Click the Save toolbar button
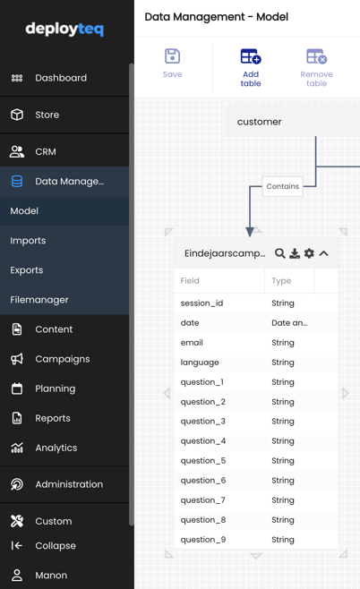click(173, 63)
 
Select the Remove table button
click(316, 68)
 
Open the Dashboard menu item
click(61, 78)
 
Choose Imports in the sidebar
click(28, 241)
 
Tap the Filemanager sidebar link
click(39, 300)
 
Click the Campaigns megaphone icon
click(17, 359)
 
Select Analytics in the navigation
click(56, 448)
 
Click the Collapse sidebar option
click(56, 545)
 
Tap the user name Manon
click(51, 575)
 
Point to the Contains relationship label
click(283, 186)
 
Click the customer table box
click(294, 122)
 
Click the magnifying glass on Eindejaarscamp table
click(279, 253)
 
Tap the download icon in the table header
click(295, 253)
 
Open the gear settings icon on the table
click(309, 253)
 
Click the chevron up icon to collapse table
click(323, 253)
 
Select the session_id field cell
click(201, 303)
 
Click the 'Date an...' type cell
click(289, 322)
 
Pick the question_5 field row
click(256, 460)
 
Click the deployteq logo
click(64, 29)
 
